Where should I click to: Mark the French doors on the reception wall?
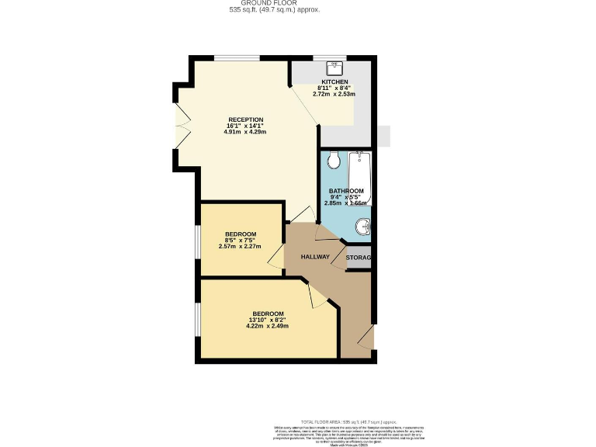[x=182, y=126]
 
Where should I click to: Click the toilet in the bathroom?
[x=334, y=160]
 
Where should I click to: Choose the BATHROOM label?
[x=345, y=191]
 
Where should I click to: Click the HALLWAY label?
[x=316, y=257]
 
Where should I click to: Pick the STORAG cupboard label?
[x=359, y=258]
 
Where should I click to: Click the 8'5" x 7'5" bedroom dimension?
[x=241, y=241]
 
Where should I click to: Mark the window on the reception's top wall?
[x=237, y=57]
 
